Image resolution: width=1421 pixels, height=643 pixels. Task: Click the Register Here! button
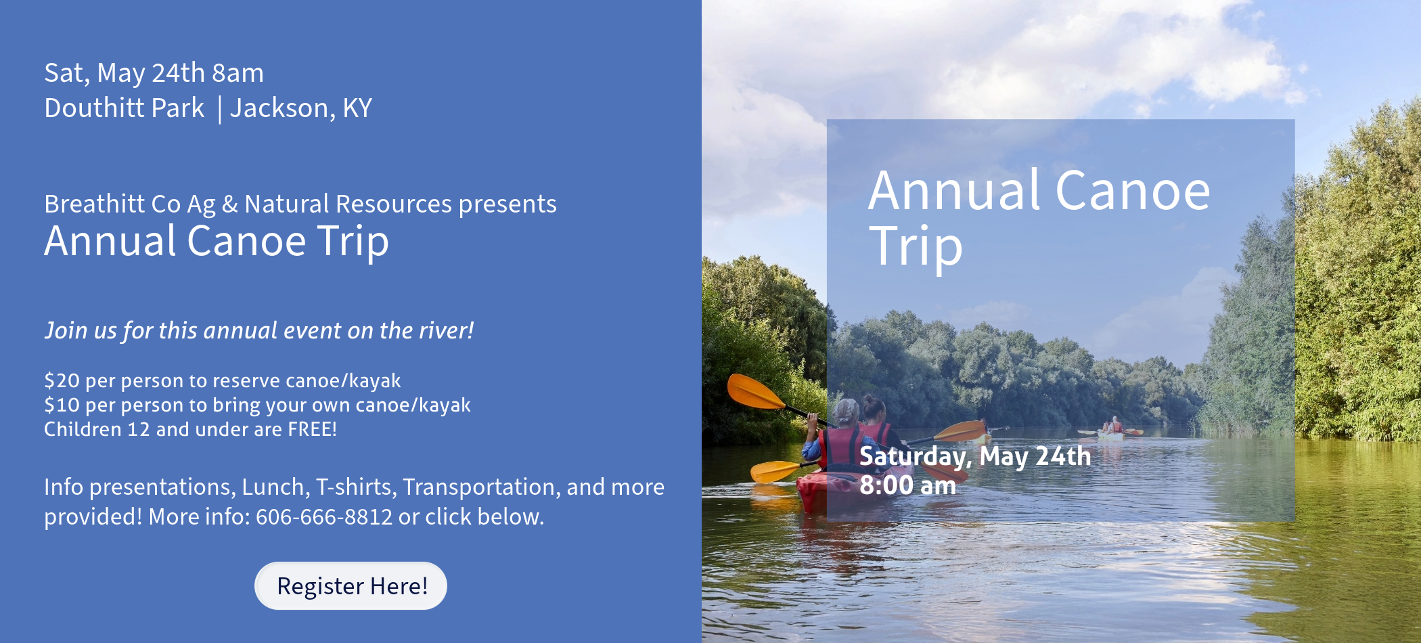point(351,585)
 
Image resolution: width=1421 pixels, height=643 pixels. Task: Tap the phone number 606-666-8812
point(324,516)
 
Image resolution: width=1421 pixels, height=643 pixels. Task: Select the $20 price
point(62,380)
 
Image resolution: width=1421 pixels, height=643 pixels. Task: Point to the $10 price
point(62,405)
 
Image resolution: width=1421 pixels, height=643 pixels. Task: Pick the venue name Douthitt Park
point(124,108)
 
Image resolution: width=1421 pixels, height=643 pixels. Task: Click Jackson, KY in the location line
point(301,108)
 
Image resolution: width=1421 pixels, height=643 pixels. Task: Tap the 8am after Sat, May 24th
point(238,73)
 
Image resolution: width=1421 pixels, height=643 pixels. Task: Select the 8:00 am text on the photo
point(907,485)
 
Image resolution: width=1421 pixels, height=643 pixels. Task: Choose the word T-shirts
point(356,487)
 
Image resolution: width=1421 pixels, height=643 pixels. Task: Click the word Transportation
point(478,487)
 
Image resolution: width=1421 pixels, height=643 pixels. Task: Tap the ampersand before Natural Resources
point(229,204)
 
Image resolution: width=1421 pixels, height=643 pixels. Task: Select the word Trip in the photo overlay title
point(915,246)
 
